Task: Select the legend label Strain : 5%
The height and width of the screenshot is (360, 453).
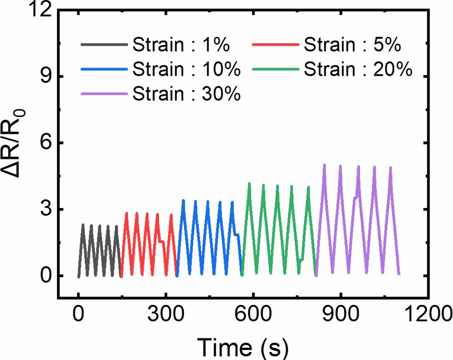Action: [x=352, y=46]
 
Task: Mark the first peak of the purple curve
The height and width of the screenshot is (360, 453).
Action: [x=325, y=165]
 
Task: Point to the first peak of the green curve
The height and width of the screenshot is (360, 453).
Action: [x=249, y=183]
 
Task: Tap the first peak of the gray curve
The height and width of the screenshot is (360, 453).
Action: [x=83, y=225]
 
